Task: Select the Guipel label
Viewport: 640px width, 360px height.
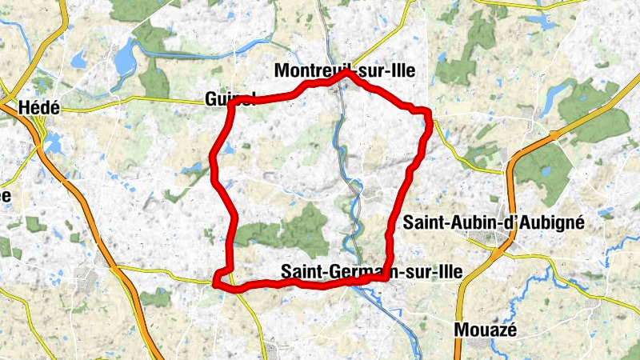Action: pos(229,99)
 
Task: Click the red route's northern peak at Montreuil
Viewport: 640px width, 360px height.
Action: pos(346,73)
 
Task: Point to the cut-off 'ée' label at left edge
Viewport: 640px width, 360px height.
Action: pos(5,196)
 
